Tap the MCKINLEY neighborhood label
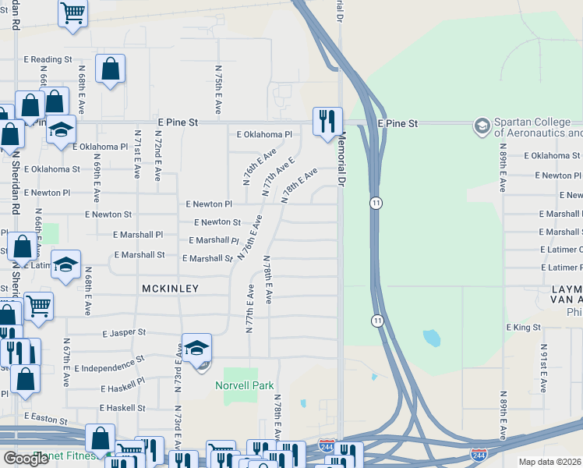170,289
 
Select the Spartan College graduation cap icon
482,125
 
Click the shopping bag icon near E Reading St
111,68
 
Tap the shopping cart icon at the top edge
72,12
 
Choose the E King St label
524,328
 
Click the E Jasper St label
124,332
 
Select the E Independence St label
108,360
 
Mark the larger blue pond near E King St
430,339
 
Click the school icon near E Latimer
65,264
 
